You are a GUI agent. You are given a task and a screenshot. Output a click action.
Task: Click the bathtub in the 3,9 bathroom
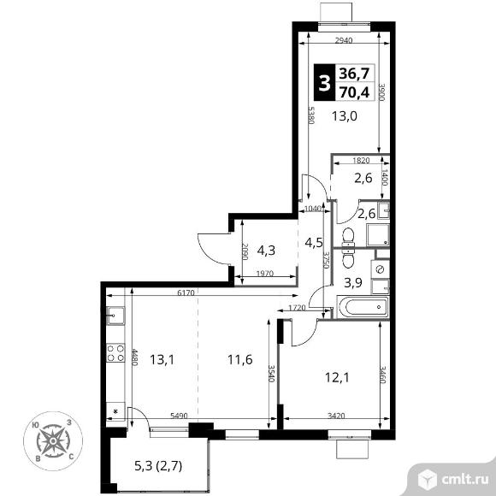click(363, 307)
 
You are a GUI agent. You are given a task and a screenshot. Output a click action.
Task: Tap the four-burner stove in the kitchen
click(115, 353)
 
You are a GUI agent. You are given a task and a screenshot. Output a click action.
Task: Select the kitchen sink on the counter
click(115, 316)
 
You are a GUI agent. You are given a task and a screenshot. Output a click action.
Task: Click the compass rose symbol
click(53, 440)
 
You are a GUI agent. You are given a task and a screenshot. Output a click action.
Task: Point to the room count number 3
click(324, 83)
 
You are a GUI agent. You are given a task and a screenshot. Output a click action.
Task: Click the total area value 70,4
click(354, 92)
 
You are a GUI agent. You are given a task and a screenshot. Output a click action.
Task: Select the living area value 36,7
click(354, 74)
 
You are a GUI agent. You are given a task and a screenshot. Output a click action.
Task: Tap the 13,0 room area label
click(345, 116)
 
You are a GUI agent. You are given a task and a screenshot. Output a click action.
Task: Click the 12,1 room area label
click(337, 377)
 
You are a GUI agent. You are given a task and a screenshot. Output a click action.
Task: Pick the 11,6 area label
click(240, 360)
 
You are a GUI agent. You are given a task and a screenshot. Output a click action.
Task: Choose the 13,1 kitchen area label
click(162, 360)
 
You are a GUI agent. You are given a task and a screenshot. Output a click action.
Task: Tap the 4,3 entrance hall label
click(266, 251)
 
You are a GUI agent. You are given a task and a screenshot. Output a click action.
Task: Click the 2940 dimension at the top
click(344, 40)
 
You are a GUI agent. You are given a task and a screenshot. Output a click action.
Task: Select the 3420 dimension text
click(336, 416)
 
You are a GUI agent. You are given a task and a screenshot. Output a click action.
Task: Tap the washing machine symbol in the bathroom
click(380, 269)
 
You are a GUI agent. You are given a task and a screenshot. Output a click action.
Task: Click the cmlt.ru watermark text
click(464, 480)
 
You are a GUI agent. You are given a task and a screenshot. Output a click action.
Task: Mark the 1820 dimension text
click(361, 161)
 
